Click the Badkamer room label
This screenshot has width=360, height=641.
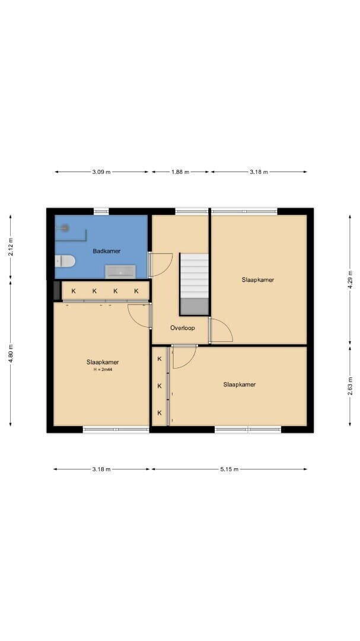point(106,251)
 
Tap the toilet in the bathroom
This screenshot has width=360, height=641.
point(65,261)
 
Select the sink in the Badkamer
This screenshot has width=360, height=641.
point(120,271)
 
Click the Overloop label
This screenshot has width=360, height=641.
point(182,328)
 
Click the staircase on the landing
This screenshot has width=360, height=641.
point(194,284)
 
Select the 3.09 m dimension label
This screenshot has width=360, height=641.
point(101,172)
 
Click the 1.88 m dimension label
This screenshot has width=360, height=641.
point(180,172)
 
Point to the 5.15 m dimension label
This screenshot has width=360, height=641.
point(229,469)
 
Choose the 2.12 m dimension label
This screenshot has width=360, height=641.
point(11,247)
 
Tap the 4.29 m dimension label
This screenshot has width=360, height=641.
point(350,280)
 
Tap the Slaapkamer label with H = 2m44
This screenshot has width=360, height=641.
point(103,362)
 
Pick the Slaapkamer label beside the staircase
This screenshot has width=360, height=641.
point(257,280)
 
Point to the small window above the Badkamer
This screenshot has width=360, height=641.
point(101,211)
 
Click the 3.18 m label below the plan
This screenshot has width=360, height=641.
point(101,469)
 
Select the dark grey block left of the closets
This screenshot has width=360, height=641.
point(57,290)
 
